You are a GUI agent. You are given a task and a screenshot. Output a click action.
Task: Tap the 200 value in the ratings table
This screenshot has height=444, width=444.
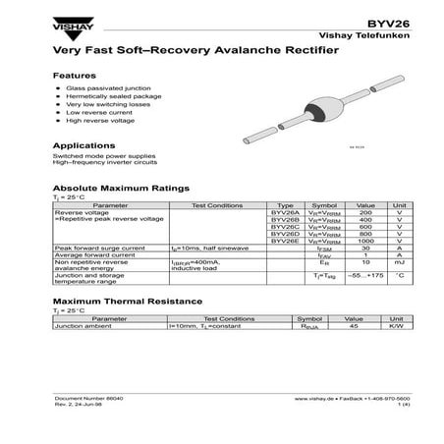tap(366, 213)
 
